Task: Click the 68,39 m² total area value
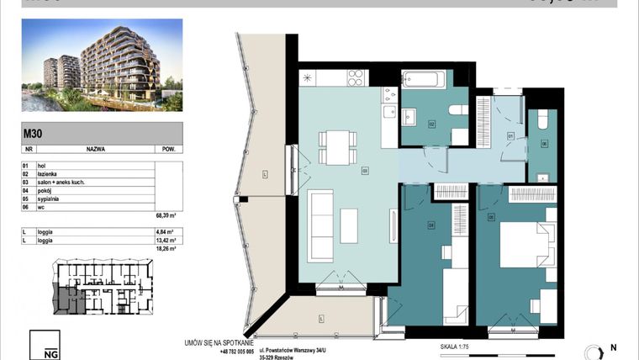pos(168,215)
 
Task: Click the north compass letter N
pos(613,347)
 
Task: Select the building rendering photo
pos(102,66)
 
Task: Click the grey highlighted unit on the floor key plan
pos(66,299)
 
